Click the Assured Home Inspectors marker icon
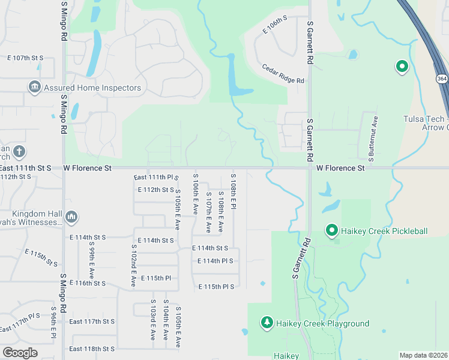click(x=34, y=88)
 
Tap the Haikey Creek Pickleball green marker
click(x=331, y=230)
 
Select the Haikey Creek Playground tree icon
click(x=267, y=323)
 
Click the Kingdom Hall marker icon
click(x=71, y=216)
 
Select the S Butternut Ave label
click(x=373, y=137)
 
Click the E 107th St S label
click(x=25, y=58)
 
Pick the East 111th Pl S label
click(x=156, y=178)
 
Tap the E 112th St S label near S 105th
click(x=155, y=190)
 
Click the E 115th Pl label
click(x=156, y=278)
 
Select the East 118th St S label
click(x=92, y=349)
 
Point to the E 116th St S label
click(x=88, y=283)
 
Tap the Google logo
click(x=20, y=353)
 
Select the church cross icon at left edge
click(x=19, y=151)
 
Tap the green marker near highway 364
click(x=402, y=67)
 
